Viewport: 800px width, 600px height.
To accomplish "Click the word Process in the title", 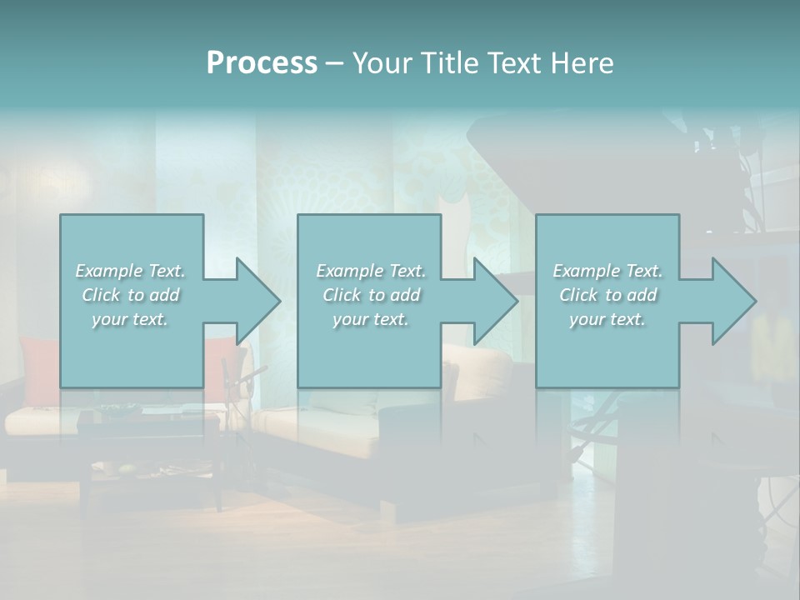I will click(x=262, y=63).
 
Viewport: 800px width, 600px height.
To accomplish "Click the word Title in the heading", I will click(x=446, y=63).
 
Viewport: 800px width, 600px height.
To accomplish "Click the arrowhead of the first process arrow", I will click(x=258, y=301).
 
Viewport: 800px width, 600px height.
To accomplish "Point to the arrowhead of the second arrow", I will click(x=496, y=301).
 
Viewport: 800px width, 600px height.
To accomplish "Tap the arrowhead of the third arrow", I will click(x=734, y=301).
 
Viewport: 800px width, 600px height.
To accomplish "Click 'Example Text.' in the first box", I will click(x=130, y=271).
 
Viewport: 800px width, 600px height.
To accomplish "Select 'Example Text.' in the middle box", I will click(x=371, y=271).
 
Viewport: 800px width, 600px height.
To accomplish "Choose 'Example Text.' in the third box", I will click(x=607, y=271).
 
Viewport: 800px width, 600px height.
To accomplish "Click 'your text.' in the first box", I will click(x=130, y=319).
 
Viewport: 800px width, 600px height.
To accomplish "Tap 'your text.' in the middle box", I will click(x=371, y=319).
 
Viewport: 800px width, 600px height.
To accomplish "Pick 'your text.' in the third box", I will click(x=607, y=319).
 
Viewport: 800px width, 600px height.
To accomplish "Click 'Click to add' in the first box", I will click(x=130, y=295).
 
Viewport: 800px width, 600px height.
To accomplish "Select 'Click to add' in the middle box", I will click(x=371, y=295).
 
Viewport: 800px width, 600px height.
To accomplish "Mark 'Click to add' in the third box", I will click(x=607, y=295).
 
